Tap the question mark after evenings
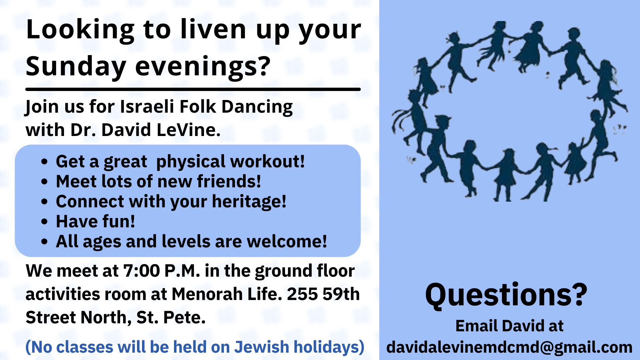point(263,65)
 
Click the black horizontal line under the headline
point(193,89)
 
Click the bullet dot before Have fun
point(45,222)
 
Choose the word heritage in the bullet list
point(249,202)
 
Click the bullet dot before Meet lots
point(45,182)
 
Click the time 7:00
point(142,271)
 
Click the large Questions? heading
point(506,295)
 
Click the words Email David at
point(509,326)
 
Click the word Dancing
point(257,107)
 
